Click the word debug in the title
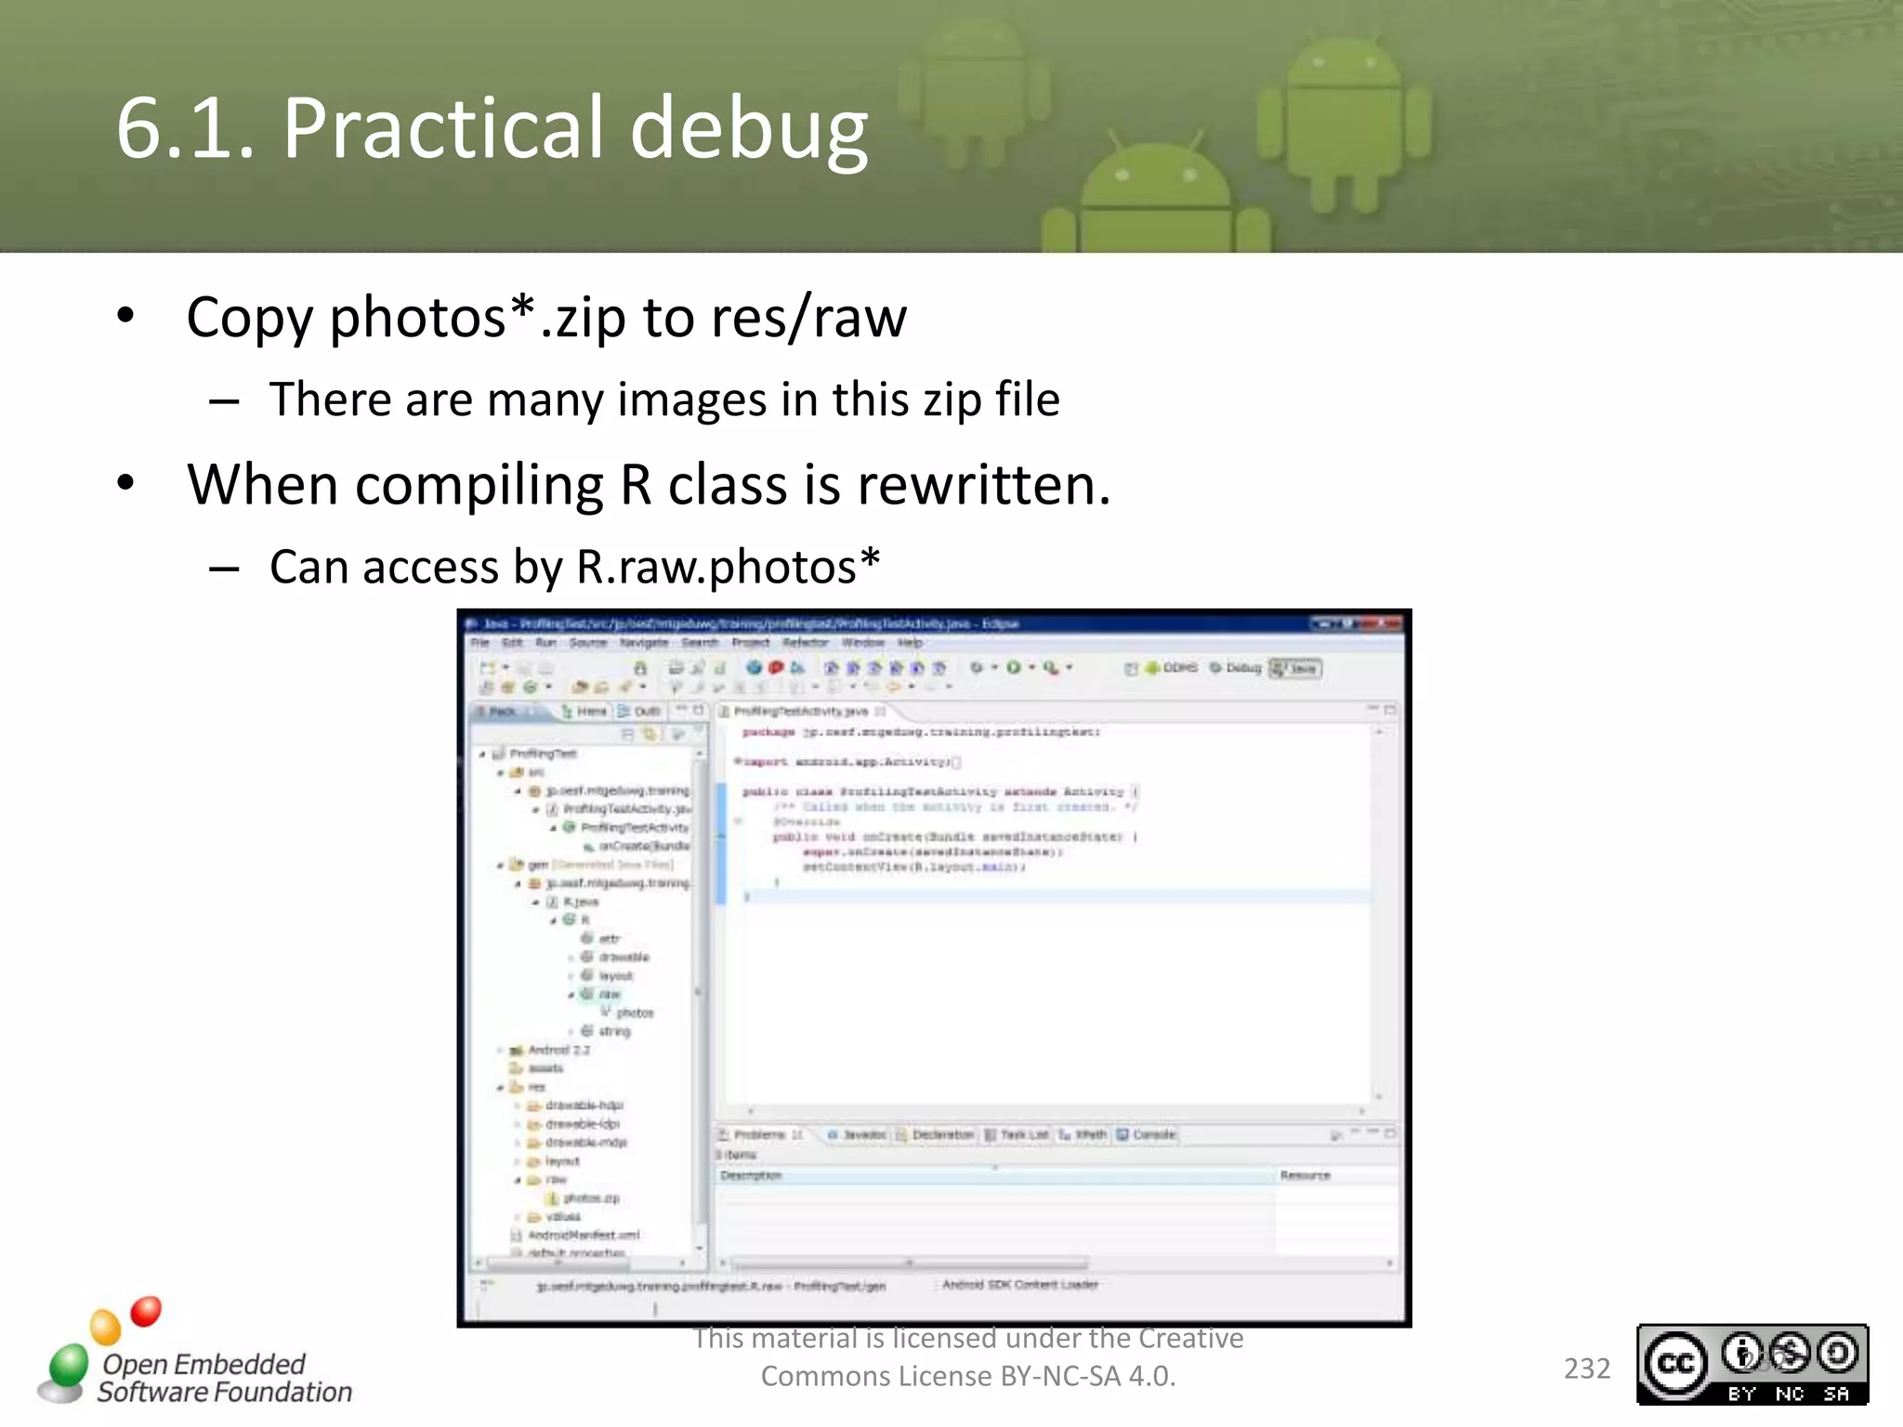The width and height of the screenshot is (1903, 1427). click(749, 128)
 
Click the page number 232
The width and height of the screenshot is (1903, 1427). click(1586, 1368)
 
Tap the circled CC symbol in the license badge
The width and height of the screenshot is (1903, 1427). click(1675, 1363)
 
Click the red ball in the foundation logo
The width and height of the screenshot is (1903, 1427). click(146, 1311)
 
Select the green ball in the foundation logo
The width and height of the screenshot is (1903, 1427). click(68, 1365)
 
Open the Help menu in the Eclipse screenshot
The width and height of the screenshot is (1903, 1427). click(910, 643)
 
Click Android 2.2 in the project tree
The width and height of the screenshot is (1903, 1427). click(558, 1050)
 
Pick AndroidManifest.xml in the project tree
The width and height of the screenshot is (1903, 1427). click(584, 1235)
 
